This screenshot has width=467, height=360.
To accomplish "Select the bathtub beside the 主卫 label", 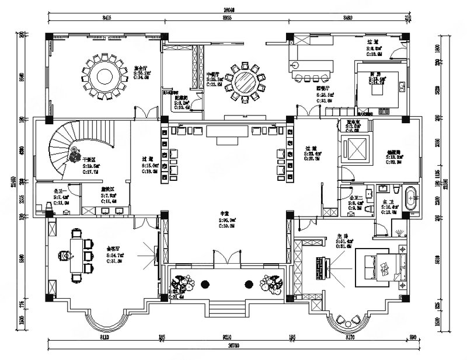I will (410, 198).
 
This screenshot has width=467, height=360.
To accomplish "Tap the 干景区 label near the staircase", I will (89, 159).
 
